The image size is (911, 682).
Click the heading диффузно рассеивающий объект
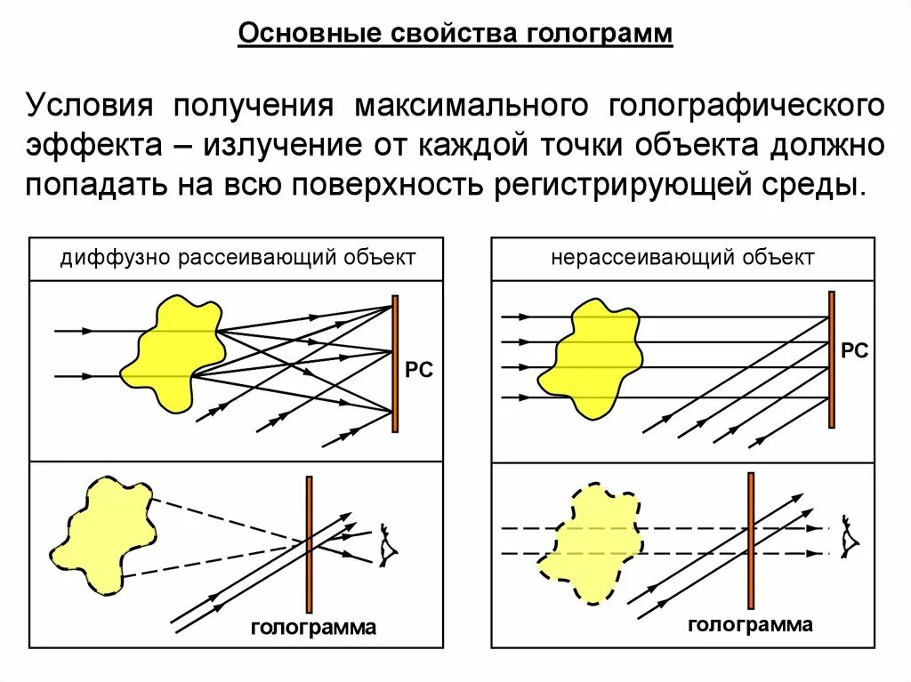(x=238, y=259)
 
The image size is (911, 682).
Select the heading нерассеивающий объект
(x=682, y=259)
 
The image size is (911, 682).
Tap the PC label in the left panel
(x=419, y=369)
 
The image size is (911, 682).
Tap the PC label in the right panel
(x=854, y=350)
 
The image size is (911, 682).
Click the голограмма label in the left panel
(x=313, y=628)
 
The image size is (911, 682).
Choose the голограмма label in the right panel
(x=750, y=625)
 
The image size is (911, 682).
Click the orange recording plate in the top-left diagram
(x=395, y=365)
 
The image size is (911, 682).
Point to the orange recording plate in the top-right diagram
(x=831, y=359)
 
